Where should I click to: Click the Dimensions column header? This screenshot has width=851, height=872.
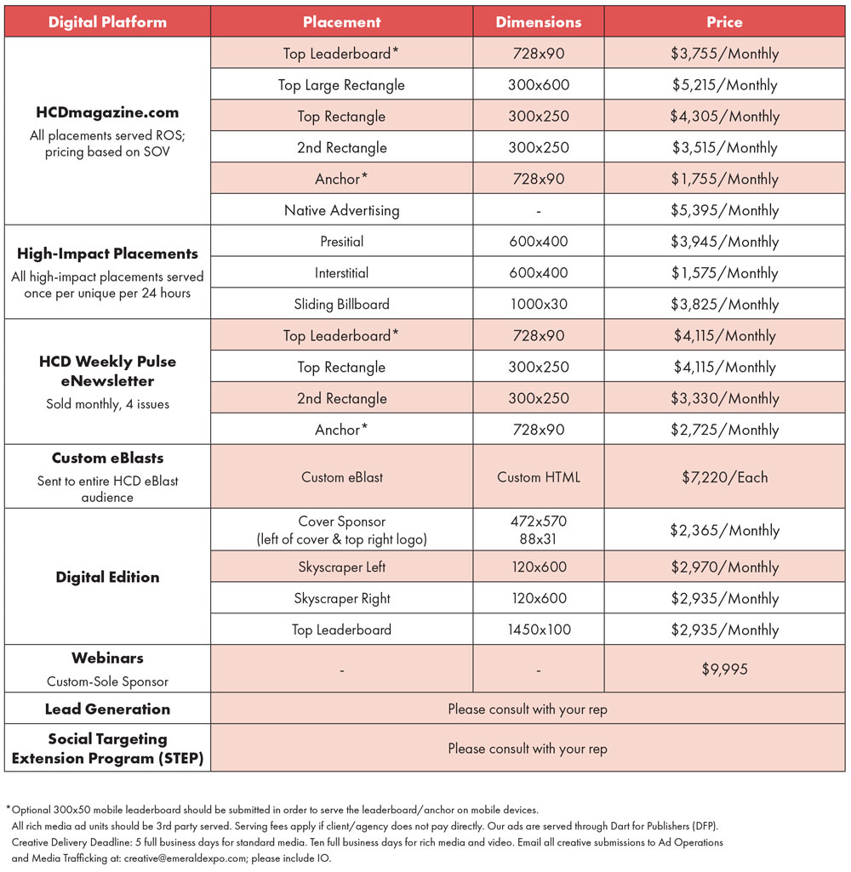click(539, 22)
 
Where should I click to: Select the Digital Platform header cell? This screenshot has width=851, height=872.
click(107, 22)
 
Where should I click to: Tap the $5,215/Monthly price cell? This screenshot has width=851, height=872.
click(724, 85)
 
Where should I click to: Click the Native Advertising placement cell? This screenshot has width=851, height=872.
click(341, 210)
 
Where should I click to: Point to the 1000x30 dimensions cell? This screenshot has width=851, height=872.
click(539, 305)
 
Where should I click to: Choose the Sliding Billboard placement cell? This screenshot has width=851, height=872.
click(341, 305)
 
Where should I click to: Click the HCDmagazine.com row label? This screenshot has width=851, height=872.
click(107, 112)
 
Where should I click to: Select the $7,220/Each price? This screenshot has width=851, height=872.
click(724, 477)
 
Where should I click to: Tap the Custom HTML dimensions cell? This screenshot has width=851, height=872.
click(539, 477)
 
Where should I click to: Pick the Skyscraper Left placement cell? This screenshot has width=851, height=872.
click(341, 567)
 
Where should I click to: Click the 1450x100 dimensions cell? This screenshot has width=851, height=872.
click(539, 630)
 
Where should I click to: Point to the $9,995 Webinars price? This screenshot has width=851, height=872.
click(724, 670)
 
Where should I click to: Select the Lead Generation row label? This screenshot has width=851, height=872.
click(107, 710)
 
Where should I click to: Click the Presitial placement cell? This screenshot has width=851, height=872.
click(341, 242)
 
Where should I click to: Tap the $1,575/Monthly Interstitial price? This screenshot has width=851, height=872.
click(724, 273)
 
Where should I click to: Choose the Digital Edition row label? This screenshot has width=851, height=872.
click(107, 578)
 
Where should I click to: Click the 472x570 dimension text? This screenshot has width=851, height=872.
click(539, 521)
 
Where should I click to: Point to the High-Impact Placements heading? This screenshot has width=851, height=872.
click(107, 254)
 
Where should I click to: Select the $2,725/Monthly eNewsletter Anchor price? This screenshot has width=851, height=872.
click(724, 430)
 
